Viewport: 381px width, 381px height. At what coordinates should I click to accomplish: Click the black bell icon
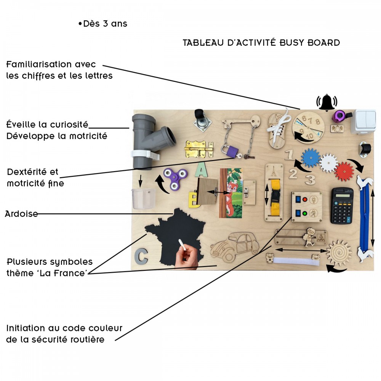pos(327,102)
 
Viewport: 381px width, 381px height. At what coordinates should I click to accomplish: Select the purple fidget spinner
pos(174,179)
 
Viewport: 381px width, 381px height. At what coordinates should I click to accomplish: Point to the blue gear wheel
pos(311,158)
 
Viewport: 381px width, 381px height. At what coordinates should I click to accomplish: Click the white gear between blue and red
pos(328,163)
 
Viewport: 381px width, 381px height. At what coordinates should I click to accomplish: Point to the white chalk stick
pos(183,245)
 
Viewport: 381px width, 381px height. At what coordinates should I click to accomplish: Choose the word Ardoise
pos(21,214)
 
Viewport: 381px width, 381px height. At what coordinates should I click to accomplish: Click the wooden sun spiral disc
pos(339,252)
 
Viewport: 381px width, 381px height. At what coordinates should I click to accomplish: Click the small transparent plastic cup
pos(144,198)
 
